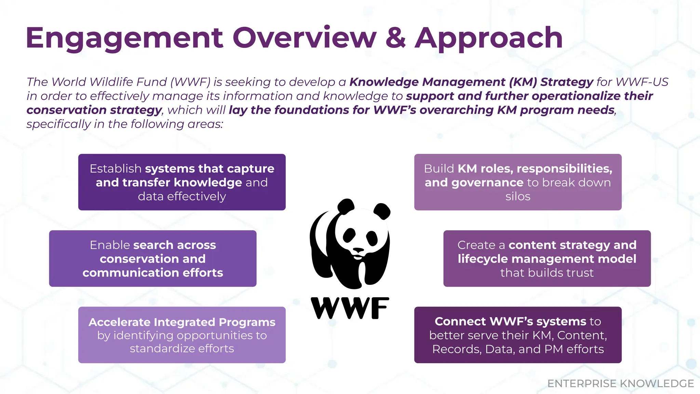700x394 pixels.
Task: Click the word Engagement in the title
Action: click(x=124, y=38)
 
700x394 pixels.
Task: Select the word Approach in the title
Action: click(x=489, y=38)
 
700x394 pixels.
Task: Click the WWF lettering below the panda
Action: click(x=350, y=308)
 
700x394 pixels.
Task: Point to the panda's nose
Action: click(x=358, y=250)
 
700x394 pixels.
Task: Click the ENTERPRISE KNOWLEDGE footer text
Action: click(x=620, y=383)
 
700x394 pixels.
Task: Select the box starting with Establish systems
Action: click(x=182, y=182)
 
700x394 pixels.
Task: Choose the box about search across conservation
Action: click(x=153, y=259)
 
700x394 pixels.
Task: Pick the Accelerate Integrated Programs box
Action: click(x=182, y=335)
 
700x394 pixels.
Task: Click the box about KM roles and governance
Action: click(x=518, y=182)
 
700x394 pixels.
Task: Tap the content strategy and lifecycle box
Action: click(x=547, y=259)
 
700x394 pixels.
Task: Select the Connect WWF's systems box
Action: click(x=518, y=335)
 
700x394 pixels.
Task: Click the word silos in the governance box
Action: click(x=518, y=196)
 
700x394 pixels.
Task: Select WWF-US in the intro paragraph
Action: click(x=642, y=82)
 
